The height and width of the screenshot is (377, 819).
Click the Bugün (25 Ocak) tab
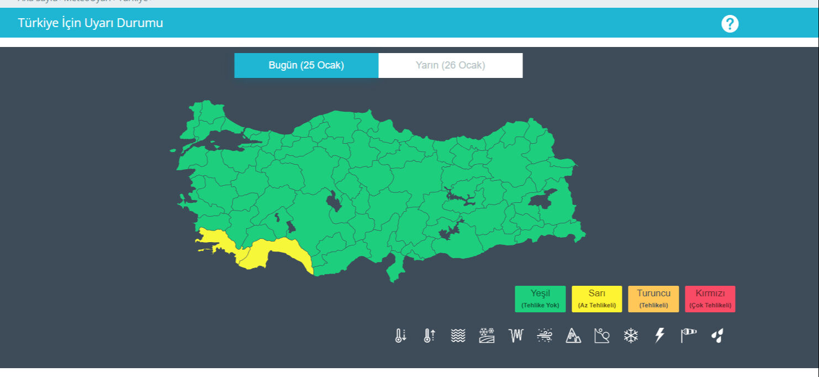pyautogui.click(x=307, y=65)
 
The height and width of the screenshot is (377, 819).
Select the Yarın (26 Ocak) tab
pyautogui.click(x=450, y=65)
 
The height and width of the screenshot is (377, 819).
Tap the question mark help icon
pyautogui.click(x=730, y=24)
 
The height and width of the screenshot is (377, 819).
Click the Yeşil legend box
pyautogui.click(x=540, y=299)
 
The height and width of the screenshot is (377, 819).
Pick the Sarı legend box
pyautogui.click(x=596, y=299)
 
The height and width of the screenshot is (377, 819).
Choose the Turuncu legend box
pyautogui.click(x=653, y=299)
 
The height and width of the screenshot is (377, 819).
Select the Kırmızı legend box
pyautogui.click(x=710, y=299)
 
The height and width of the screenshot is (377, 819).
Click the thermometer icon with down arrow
pyautogui.click(x=401, y=336)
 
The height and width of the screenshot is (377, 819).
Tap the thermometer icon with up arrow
pyautogui.click(x=430, y=336)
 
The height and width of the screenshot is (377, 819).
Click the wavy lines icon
pyautogui.click(x=458, y=336)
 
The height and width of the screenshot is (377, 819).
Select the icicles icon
pyautogui.click(x=516, y=336)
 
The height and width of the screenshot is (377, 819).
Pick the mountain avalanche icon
pyautogui.click(x=573, y=336)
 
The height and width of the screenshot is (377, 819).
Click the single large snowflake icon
pyautogui.click(x=631, y=336)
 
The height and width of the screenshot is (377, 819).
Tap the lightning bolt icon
pyautogui.click(x=659, y=336)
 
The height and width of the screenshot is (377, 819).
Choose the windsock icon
pyautogui.click(x=689, y=334)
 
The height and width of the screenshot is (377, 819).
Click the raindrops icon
pyautogui.click(x=717, y=336)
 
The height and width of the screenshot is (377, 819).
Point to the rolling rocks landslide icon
pyautogui.click(x=602, y=336)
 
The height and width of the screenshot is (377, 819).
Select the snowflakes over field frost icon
pyautogui.click(x=487, y=336)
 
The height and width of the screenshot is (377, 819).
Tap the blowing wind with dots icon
pyautogui.click(x=545, y=336)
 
